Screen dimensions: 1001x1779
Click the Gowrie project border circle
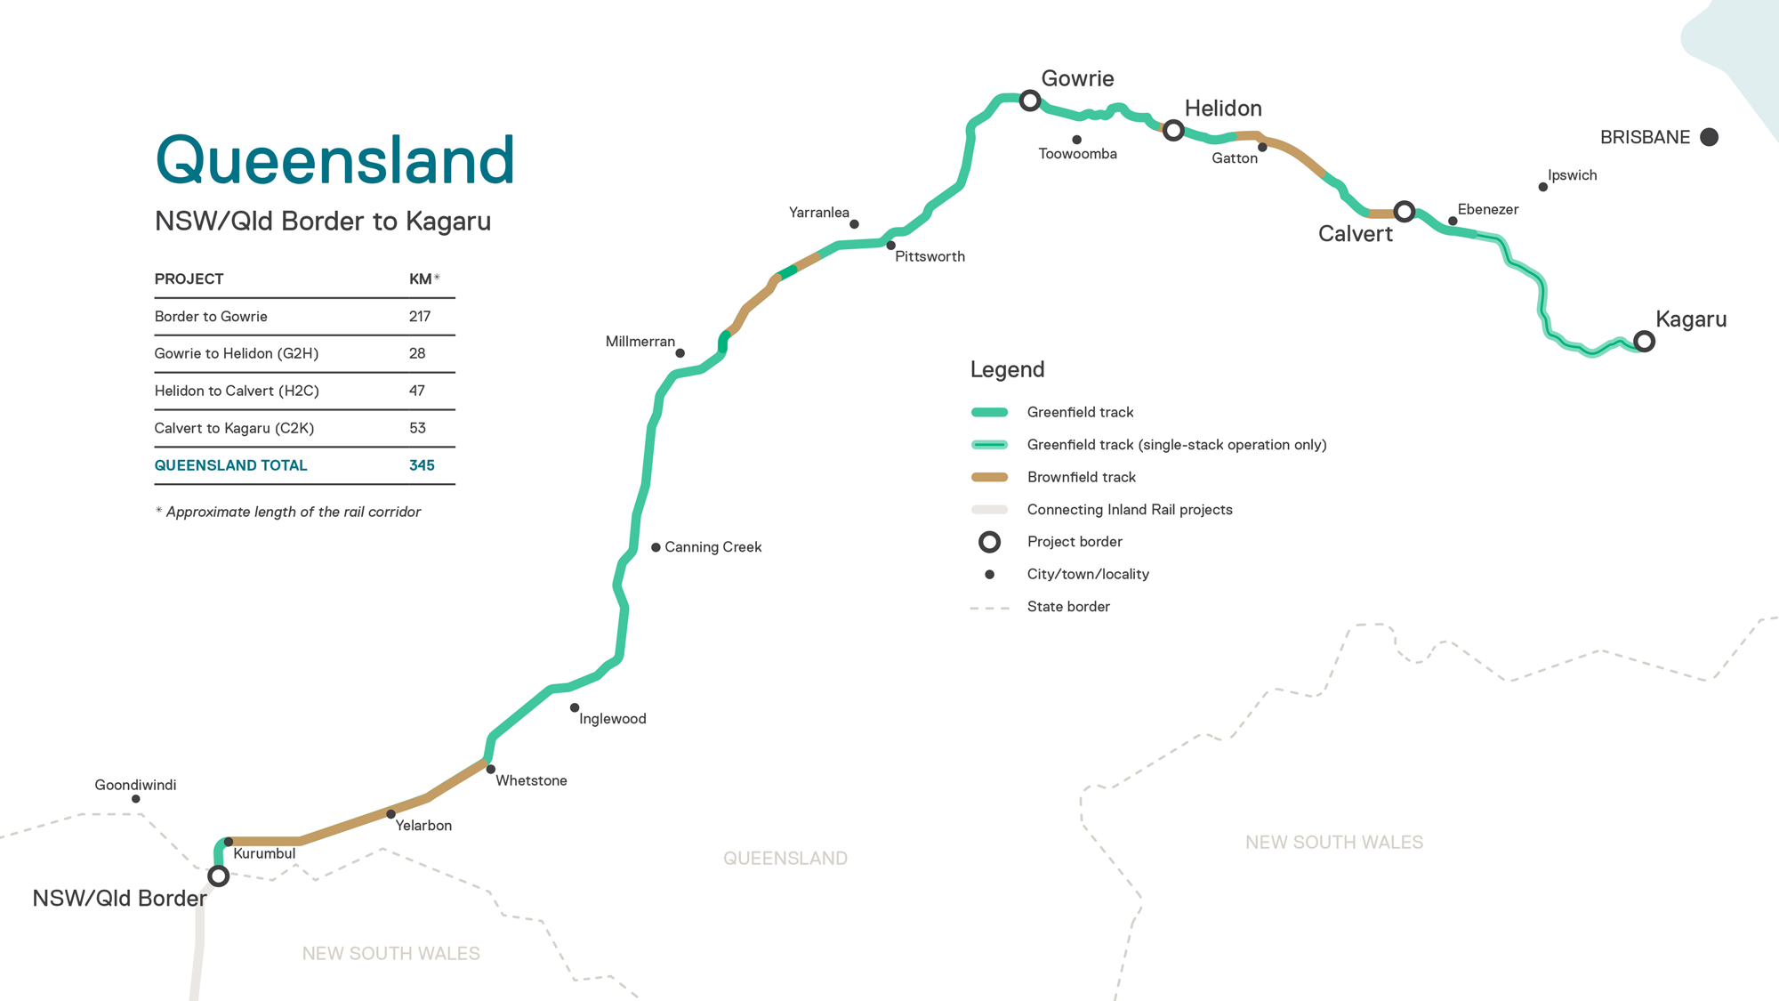[x=1030, y=101]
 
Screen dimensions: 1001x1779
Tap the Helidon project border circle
[x=1173, y=131]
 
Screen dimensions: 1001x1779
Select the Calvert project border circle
[x=1405, y=212]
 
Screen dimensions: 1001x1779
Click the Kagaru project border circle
[x=1644, y=341]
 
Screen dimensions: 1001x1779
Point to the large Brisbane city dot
[x=1709, y=137]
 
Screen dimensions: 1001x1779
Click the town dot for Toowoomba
[x=1076, y=140]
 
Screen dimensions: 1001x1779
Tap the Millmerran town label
[x=640, y=342]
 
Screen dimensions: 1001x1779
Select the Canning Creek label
[x=712, y=547]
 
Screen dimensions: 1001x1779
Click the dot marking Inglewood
[x=575, y=708]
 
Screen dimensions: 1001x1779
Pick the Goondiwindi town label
[x=135, y=785]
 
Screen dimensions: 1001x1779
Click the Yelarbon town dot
[x=390, y=814]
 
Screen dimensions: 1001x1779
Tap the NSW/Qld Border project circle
[x=218, y=876]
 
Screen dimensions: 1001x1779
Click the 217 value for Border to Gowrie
[x=420, y=317]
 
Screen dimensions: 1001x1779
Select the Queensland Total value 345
[x=422, y=465]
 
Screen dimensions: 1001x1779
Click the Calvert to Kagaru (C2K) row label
[x=234, y=428]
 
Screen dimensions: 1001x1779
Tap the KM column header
[x=421, y=279]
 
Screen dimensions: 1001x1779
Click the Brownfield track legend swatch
[x=989, y=477]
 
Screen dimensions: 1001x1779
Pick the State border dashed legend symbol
[x=989, y=608]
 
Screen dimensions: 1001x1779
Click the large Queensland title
[x=335, y=160]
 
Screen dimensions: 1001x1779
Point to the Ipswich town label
[x=1572, y=175]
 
